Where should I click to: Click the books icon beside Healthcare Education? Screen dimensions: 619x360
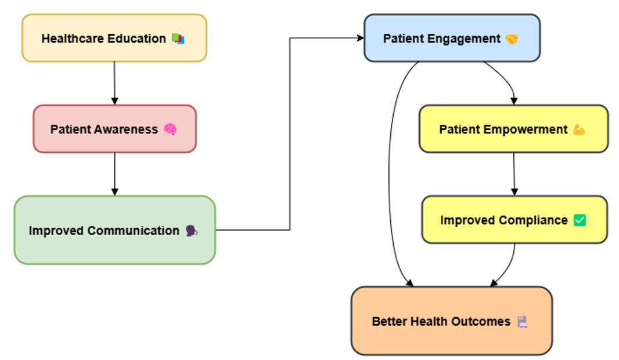point(178,39)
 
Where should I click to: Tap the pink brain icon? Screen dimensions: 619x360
point(170,129)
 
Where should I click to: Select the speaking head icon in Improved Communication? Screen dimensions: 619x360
point(192,231)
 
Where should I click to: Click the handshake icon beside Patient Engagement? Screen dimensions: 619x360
point(512,39)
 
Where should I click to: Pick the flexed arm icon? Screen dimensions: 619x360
point(579,129)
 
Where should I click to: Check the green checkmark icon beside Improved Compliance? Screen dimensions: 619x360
point(580,220)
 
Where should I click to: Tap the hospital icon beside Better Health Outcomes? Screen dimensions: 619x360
point(523,321)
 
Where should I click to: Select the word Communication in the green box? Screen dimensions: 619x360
point(134,231)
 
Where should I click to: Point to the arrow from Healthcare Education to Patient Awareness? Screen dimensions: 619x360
point(114,83)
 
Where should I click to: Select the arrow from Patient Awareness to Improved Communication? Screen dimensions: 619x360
point(115,174)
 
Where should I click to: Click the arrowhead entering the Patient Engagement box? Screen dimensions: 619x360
point(360,38)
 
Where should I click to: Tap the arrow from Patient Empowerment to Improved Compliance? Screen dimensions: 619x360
point(514,174)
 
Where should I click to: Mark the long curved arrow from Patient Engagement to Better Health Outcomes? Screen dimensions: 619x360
point(389,174)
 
